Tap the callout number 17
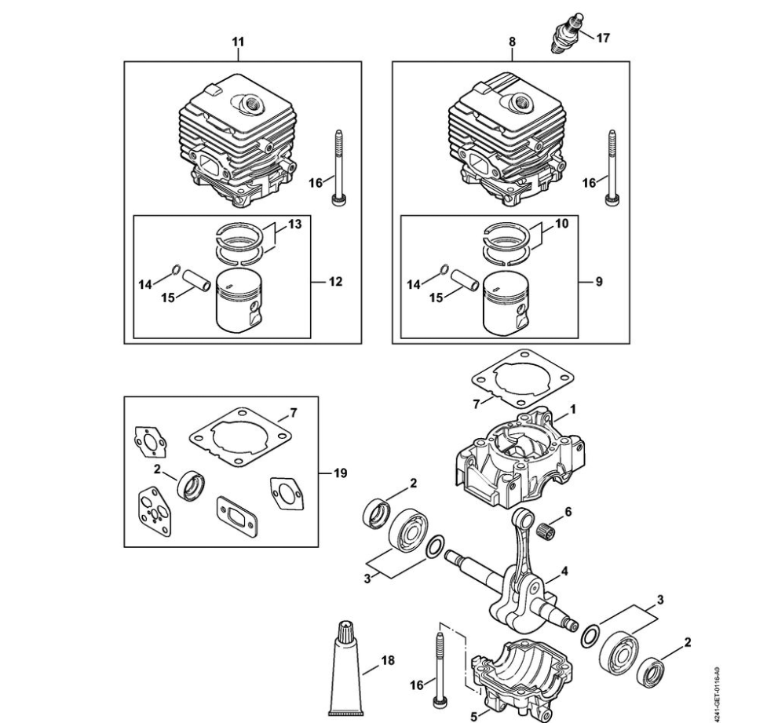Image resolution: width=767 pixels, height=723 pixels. [602, 37]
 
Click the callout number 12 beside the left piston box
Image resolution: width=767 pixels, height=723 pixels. [335, 281]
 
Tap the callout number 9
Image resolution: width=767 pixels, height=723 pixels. [599, 281]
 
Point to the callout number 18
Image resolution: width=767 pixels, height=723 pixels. [388, 660]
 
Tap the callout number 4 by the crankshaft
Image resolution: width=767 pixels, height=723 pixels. [564, 571]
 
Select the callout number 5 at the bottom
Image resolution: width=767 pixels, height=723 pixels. [474, 716]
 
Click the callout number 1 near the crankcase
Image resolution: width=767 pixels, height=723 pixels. [573, 409]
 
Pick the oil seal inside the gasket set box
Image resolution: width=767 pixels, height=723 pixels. [192, 484]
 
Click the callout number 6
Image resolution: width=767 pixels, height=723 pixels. [568, 510]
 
